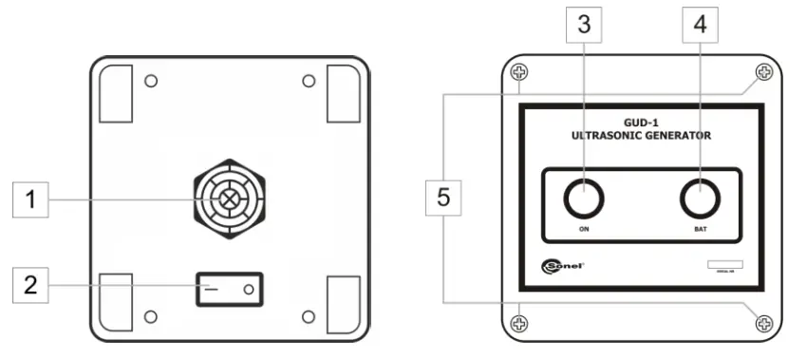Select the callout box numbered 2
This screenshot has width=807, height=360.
pyautogui.click(x=29, y=285)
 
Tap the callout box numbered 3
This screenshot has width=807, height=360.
pyautogui.click(x=584, y=26)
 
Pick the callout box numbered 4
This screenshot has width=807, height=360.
pyautogui.click(x=701, y=26)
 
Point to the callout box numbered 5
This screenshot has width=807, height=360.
pyautogui.click(x=444, y=199)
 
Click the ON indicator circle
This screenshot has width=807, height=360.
pyautogui.click(x=584, y=199)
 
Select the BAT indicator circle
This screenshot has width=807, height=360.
pyautogui.click(x=701, y=199)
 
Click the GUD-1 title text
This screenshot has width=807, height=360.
pyautogui.click(x=640, y=123)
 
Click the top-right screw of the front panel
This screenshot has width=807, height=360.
pyautogui.click(x=763, y=72)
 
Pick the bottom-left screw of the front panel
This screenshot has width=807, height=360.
pyautogui.click(x=518, y=324)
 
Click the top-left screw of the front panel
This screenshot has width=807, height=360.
pyautogui.click(x=518, y=72)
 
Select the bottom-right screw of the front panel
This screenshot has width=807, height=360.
pyautogui.click(x=763, y=324)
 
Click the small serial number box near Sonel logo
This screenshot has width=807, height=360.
pyautogui.click(x=724, y=265)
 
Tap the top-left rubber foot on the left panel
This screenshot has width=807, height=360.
pyautogui.click(x=117, y=93)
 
